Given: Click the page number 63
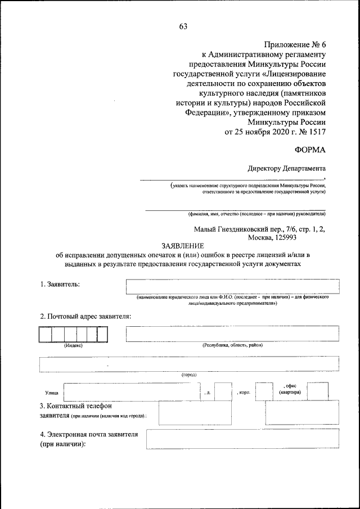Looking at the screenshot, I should point(183,26).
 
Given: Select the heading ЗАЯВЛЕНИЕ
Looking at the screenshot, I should point(184,246).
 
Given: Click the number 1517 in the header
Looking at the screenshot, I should point(315,132).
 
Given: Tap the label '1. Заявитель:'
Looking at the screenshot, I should point(60,284).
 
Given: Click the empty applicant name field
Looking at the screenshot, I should point(232,286).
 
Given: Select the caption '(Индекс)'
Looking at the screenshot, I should point(73,345).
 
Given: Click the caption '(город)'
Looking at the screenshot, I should point(188,375).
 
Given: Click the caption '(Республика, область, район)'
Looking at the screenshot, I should point(232,345).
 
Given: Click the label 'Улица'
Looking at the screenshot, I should point(51,393).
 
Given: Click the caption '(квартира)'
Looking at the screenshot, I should point(290,392).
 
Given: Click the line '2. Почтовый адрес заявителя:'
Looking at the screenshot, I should point(85,316).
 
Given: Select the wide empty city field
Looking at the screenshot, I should point(188,364).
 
